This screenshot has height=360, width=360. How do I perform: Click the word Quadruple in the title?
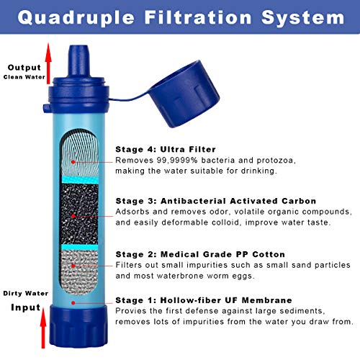click(x=76, y=18)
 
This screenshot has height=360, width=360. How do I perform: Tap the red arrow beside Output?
click(x=49, y=63)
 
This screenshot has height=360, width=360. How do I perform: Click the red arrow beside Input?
click(x=43, y=328)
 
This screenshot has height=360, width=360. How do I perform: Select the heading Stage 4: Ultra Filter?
click(x=166, y=149)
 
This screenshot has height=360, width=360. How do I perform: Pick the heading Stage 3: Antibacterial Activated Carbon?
click(x=216, y=201)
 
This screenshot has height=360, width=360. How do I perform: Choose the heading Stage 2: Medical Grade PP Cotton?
click(x=200, y=254)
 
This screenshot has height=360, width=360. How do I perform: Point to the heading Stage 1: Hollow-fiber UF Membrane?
click(x=204, y=300)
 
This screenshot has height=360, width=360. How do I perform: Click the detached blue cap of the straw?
click(x=184, y=94)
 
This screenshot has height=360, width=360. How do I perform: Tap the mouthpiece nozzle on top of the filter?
click(x=78, y=60)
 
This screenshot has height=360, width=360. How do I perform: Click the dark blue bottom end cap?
click(x=78, y=326)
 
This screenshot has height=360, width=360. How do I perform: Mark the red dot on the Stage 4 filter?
click(x=73, y=162)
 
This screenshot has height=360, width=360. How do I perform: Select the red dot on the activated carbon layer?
click(x=73, y=216)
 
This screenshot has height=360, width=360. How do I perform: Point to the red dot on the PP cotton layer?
click(x=73, y=266)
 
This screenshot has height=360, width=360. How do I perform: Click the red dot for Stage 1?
click(x=73, y=303)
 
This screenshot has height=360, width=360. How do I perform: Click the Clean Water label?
click(x=24, y=77)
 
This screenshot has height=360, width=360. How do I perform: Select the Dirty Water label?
click(x=26, y=293)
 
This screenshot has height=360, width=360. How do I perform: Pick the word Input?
click(x=26, y=307)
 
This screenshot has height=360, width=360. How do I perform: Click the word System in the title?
click(x=303, y=18)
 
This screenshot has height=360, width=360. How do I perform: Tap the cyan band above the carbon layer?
click(x=80, y=179)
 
